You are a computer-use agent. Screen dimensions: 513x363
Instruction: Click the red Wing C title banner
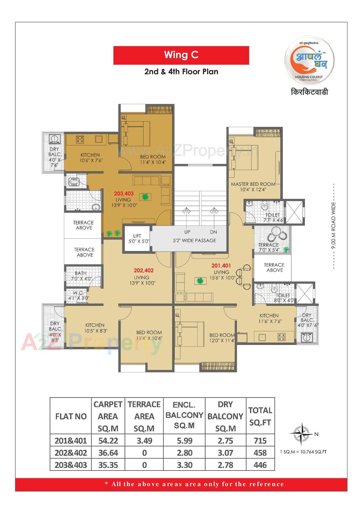coord(181,55)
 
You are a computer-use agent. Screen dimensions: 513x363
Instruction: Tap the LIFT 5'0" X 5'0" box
coord(137,238)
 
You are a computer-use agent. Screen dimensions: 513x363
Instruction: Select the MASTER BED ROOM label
coord(253,186)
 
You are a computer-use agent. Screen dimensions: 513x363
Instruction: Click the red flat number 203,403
coord(124,194)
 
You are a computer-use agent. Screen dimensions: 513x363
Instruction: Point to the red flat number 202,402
coord(143,270)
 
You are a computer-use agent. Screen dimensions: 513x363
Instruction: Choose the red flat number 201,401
coord(221,266)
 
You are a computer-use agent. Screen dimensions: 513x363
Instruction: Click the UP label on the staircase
coord(187,232)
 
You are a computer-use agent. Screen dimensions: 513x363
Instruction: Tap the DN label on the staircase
coord(214,232)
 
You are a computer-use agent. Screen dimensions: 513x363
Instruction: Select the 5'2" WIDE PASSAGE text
coord(195,240)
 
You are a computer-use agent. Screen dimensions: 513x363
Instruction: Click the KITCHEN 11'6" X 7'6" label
coord(269,318)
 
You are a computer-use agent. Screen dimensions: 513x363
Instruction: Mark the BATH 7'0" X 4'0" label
coord(81,275)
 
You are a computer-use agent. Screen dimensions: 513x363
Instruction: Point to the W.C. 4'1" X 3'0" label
coord(78,295)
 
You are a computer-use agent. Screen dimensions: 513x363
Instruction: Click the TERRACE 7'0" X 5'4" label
coord(269,247)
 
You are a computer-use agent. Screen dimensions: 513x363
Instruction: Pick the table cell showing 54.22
coord(108,440)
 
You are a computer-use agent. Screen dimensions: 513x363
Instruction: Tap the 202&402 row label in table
coord(71,453)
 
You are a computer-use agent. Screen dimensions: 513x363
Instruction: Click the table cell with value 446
coord(260,465)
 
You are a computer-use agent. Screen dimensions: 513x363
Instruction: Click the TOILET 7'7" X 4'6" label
coord(272,217)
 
